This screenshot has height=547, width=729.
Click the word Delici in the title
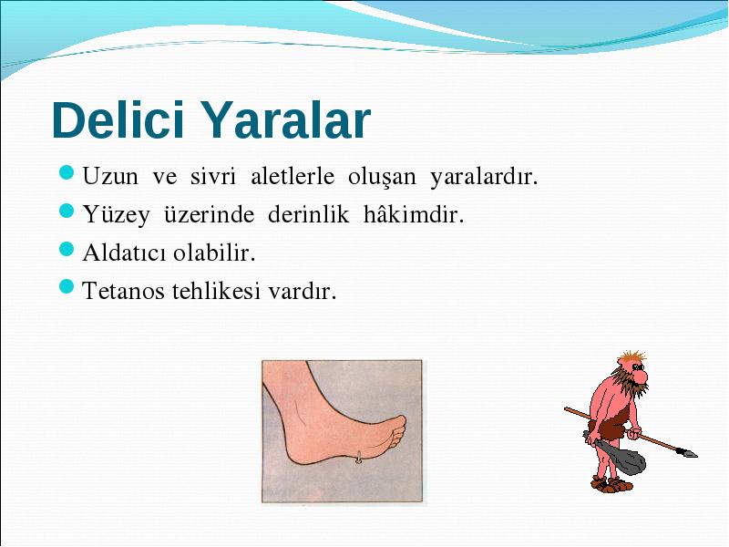click(118, 120)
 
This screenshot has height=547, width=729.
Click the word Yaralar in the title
click(287, 120)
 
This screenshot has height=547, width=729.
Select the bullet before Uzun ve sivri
click(67, 172)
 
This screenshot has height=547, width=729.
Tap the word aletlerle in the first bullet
click(293, 176)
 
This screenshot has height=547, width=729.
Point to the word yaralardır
click(484, 177)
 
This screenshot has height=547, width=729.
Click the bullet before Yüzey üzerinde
click(67, 211)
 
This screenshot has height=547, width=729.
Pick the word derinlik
click(308, 214)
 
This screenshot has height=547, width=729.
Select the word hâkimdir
click(414, 214)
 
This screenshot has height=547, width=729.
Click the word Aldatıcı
click(124, 253)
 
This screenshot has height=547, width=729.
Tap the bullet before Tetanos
click(67, 287)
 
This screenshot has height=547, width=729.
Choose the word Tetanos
click(124, 291)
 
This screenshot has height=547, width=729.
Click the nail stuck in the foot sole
click(359, 458)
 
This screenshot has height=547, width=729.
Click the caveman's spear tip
click(687, 452)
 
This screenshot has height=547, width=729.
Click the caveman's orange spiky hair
click(631, 357)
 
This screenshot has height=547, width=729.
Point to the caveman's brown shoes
click(611, 484)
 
